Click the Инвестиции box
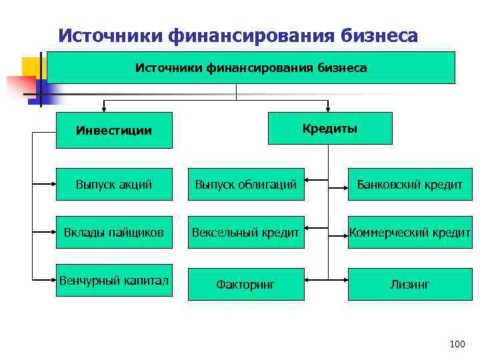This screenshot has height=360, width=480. click(114, 130)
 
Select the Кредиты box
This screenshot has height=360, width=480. click(330, 128)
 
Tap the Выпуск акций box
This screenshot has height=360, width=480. click(114, 184)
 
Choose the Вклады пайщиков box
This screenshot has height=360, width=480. click(114, 232)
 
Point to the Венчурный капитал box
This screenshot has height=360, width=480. click(114, 280)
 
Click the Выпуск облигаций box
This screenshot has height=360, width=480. click(246, 184)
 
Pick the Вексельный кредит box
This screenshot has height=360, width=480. click(246, 232)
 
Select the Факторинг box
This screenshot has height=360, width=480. click(246, 284)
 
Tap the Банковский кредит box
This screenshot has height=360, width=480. click(409, 184)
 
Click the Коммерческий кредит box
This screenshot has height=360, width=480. click(409, 232)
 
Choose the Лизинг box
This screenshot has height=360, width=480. click(409, 284)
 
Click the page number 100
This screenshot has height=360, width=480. click(457, 344)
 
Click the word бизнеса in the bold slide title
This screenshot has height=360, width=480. click(379, 35)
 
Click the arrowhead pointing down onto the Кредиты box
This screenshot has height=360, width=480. click(328, 109)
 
